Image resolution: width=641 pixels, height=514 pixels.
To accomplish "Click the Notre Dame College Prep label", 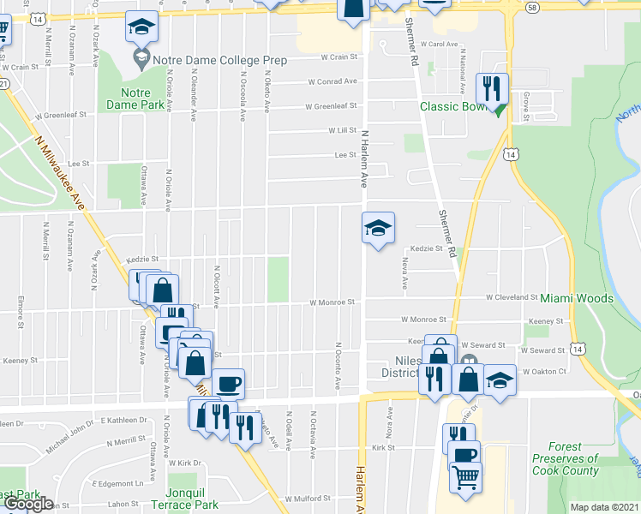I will click(x=219, y=61).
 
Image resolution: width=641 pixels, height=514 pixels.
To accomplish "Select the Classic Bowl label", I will click(x=452, y=106).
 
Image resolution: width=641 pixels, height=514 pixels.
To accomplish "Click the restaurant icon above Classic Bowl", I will click(x=492, y=87).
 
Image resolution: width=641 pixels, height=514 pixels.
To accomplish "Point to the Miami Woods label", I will click(x=577, y=298).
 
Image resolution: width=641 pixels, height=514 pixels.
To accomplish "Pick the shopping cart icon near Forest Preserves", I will click(x=465, y=478).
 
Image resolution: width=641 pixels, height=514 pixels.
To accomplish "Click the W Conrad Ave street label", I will click(x=333, y=81).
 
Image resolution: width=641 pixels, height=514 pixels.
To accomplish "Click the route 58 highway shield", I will click(x=533, y=6).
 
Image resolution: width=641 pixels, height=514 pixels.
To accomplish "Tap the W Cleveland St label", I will click(x=512, y=298).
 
